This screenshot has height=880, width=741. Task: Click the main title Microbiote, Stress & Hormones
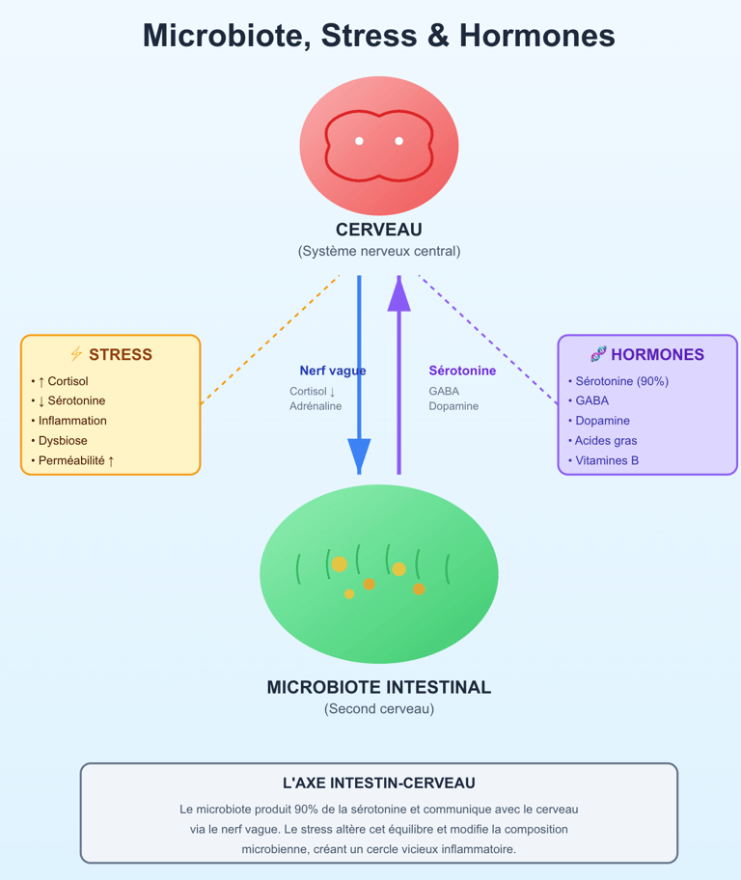[378, 36]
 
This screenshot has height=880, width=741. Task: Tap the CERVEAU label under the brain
[378, 230]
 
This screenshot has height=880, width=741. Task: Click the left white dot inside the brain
[359, 141]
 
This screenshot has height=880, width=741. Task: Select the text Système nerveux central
[378, 251]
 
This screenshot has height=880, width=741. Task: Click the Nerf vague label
[332, 371]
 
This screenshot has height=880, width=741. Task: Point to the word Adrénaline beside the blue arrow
[316, 406]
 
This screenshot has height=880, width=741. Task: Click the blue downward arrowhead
[359, 454]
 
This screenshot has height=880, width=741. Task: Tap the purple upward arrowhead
[398, 293]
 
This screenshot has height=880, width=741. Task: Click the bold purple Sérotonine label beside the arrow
[462, 371]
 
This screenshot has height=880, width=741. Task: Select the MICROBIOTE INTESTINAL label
[378, 688]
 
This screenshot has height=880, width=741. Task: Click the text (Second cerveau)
[378, 709]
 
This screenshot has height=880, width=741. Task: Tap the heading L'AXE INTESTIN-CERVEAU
[378, 784]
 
